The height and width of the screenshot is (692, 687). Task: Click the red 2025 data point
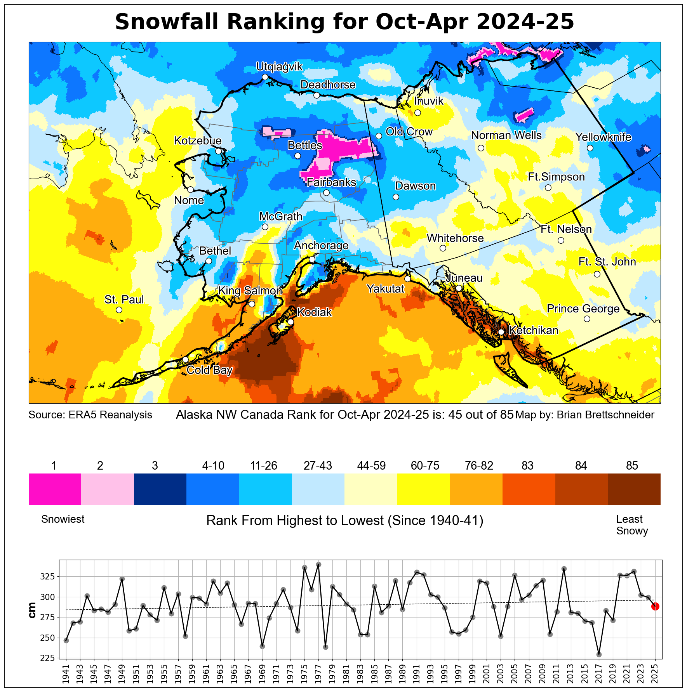655,607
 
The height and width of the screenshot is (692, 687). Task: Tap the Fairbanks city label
331,182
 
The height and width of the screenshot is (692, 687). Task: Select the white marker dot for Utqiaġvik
265,77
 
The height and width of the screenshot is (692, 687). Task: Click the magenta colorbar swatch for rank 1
55,489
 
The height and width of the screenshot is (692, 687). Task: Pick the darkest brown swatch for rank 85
634,489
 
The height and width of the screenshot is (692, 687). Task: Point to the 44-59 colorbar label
371,466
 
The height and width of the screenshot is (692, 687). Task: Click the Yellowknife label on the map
603,137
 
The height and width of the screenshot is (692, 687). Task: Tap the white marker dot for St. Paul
119,310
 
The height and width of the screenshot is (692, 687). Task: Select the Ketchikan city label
533,330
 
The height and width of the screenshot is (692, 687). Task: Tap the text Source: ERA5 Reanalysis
90,415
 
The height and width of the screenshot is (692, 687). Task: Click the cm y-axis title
32,610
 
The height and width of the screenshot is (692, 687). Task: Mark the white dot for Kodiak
290,322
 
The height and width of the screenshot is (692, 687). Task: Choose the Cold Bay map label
209,370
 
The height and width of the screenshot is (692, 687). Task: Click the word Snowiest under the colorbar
63,519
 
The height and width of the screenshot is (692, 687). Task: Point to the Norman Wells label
506,135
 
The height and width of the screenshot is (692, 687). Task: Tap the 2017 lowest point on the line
599,655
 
